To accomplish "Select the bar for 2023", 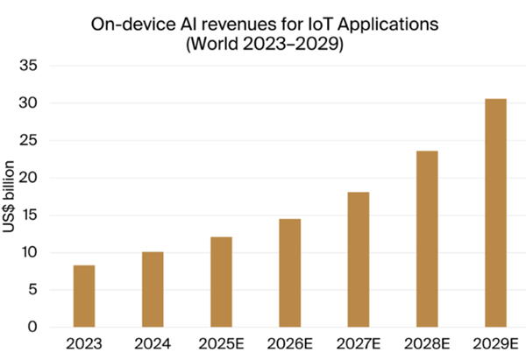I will [x=84, y=296].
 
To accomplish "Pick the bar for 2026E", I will [x=290, y=272].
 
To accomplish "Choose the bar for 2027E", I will [x=359, y=259].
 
